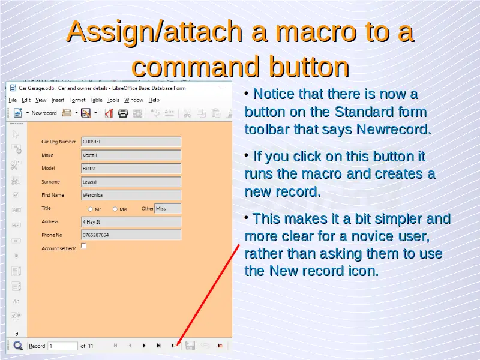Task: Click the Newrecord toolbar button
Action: [44, 113]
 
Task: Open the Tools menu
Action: [113, 100]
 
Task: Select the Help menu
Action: [154, 100]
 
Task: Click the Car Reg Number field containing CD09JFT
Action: [131, 142]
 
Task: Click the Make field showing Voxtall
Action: [131, 155]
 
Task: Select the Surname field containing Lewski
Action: [131, 182]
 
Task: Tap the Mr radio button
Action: [91, 209]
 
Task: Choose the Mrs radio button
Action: [115, 209]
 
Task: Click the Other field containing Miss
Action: [168, 208]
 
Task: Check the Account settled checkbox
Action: [83, 246]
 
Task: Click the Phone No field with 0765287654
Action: [131, 235]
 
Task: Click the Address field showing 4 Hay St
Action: [131, 222]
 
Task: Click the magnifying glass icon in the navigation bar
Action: [18, 346]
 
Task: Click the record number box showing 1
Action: [63, 346]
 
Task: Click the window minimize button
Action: [221, 88]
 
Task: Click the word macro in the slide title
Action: [316, 32]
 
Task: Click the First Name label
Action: [53, 195]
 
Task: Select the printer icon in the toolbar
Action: [123, 113]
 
